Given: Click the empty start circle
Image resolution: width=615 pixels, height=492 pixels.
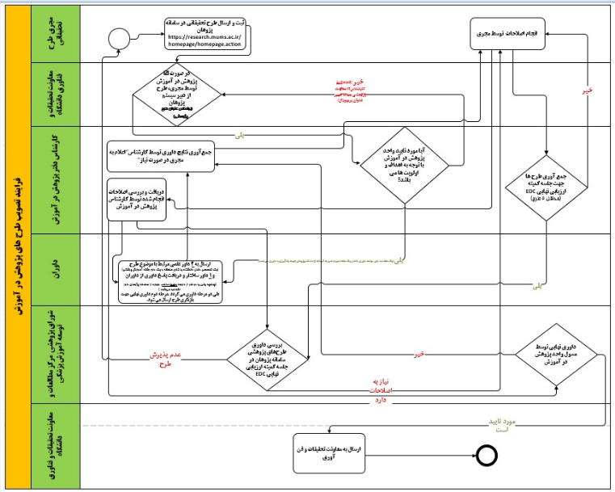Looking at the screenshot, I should [x=120, y=37].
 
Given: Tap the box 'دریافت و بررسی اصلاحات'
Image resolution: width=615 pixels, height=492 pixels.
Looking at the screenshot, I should [x=137, y=199].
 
